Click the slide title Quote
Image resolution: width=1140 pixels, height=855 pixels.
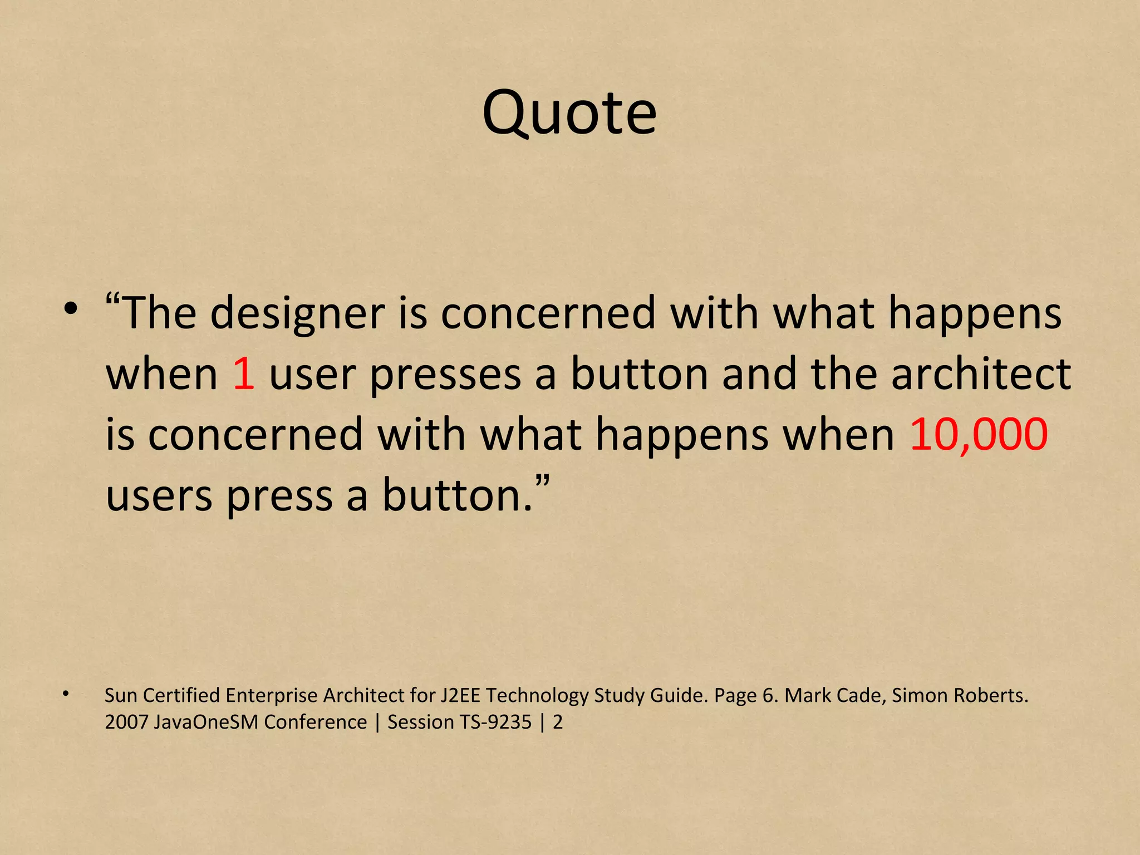click(569, 114)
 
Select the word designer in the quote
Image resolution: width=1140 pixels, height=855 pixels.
click(298, 313)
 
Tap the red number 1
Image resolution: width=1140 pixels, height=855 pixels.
click(244, 374)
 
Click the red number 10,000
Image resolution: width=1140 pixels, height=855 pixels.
click(979, 434)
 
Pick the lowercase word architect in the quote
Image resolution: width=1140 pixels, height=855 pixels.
click(981, 374)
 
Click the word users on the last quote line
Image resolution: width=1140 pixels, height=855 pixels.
click(159, 495)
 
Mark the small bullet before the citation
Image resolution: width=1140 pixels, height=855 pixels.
click(66, 694)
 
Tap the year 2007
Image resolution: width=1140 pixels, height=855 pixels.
click(126, 723)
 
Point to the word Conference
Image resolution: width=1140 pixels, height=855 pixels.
click(315, 723)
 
